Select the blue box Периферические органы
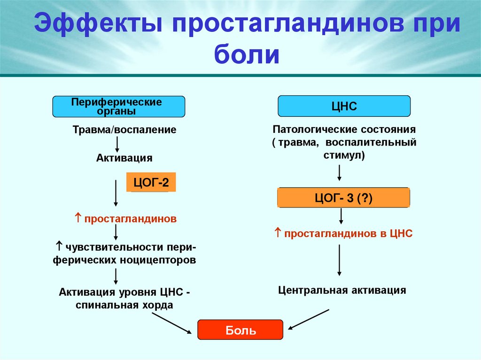[x=118, y=107]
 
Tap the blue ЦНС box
[x=344, y=107]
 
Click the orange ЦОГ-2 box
[x=151, y=182]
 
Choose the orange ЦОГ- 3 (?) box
[x=343, y=198]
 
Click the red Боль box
[x=240, y=330]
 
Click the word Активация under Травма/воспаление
[x=124, y=158]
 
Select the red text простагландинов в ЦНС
[x=347, y=233]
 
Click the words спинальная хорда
[x=124, y=305]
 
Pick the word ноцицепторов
[x=162, y=260]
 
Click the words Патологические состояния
[x=344, y=129]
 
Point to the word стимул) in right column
[x=344, y=155]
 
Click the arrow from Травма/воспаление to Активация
[x=117, y=144]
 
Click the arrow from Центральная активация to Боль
[x=309, y=320]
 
